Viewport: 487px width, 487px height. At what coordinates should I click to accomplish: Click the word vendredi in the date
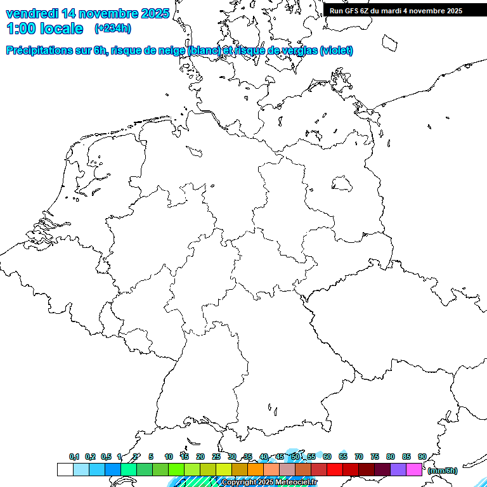point(32,13)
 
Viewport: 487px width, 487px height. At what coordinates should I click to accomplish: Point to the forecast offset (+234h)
point(113,29)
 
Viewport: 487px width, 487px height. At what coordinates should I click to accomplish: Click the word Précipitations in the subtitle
point(39,51)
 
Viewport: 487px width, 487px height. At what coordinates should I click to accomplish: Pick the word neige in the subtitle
point(171,51)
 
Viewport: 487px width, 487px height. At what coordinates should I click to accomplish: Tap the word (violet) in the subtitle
point(337,51)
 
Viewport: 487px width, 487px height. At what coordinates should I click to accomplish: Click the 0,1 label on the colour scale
point(74,457)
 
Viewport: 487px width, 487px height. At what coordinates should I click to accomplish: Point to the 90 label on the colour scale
point(422,457)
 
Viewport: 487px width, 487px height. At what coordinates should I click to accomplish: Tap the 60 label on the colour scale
point(327,457)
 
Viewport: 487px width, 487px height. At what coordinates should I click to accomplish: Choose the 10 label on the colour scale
point(169,457)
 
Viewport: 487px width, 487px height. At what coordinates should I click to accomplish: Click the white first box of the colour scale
point(65,469)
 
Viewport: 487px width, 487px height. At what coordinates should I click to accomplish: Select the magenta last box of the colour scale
point(414,469)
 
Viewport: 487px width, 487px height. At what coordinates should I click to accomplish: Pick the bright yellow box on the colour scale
point(223,469)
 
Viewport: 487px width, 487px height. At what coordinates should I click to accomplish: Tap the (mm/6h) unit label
point(443,471)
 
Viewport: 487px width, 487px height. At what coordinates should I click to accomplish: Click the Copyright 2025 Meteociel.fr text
point(269,483)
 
